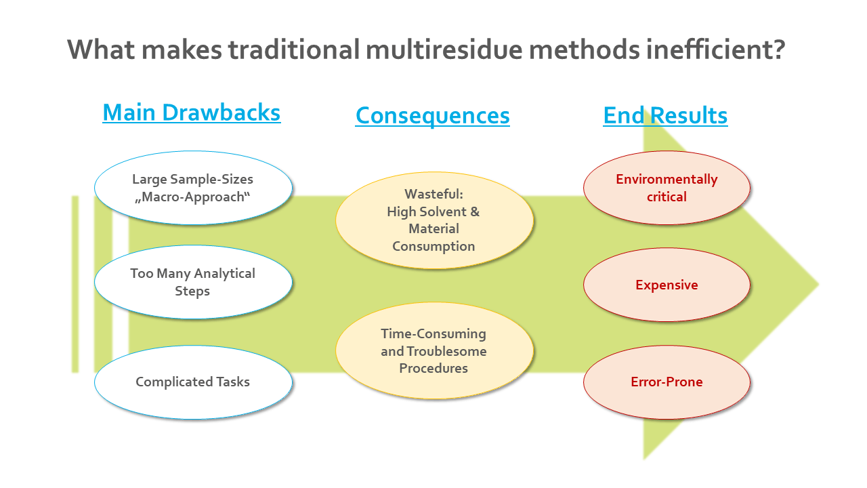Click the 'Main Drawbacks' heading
(x=192, y=112)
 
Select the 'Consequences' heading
(x=432, y=115)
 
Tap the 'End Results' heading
(x=665, y=115)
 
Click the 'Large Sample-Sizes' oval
(x=193, y=188)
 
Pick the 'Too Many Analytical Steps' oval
(x=193, y=282)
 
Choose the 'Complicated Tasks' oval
(x=193, y=382)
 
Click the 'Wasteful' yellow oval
(x=433, y=220)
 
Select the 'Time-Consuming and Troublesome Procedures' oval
(x=433, y=351)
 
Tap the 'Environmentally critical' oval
(x=667, y=188)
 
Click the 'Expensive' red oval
(x=667, y=285)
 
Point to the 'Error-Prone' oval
(x=667, y=382)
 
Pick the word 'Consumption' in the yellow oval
(x=433, y=246)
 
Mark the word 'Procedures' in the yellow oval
(x=433, y=369)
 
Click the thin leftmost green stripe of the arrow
(x=75, y=285)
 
